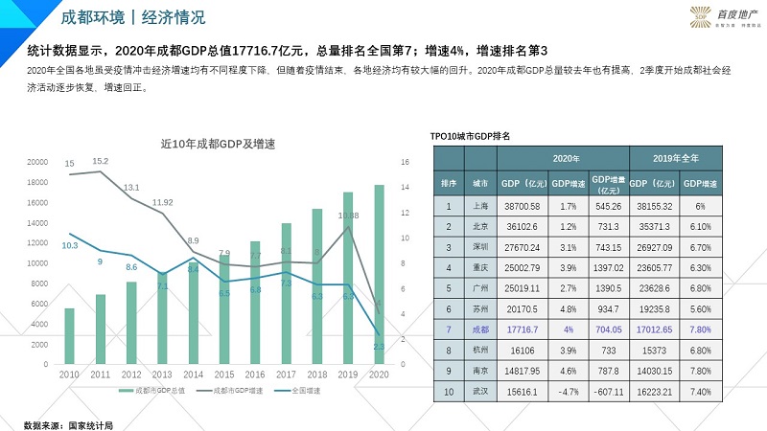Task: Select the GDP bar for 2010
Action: point(69,336)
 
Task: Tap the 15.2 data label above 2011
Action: point(100,161)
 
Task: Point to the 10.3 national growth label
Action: point(69,246)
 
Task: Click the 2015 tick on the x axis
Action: point(223,374)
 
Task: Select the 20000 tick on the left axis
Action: point(35,162)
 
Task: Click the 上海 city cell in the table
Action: point(480,206)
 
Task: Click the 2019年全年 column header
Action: point(675,157)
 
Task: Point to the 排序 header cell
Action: point(449,181)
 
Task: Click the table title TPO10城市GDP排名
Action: point(469,135)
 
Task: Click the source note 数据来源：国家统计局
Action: point(68,422)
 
